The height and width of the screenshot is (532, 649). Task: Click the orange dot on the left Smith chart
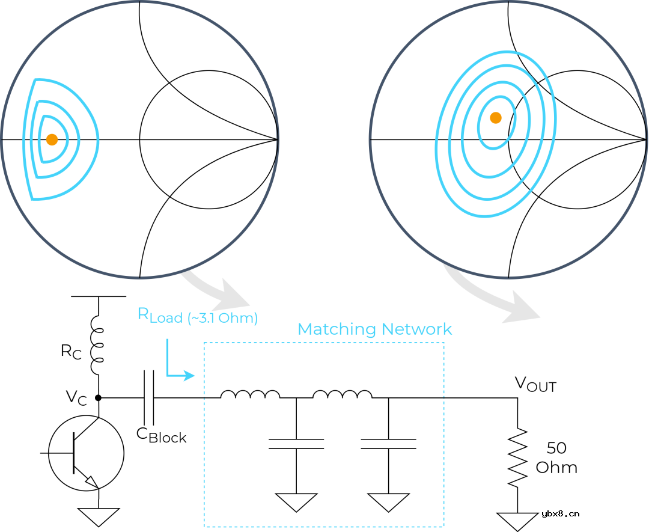click(52, 139)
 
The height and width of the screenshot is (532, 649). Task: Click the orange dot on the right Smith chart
click(496, 118)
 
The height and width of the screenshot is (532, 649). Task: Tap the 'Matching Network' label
click(374, 329)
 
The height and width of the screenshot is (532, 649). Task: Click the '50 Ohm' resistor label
click(556, 457)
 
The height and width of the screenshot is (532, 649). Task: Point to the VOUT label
click(535, 384)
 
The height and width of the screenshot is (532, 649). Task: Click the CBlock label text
click(162, 436)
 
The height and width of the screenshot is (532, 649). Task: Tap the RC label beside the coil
click(71, 352)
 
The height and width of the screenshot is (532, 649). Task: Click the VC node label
click(76, 398)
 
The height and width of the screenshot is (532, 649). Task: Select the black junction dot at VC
click(98, 398)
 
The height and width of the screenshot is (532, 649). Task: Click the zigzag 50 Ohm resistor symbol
click(517, 457)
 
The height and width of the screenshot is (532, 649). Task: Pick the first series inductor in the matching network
click(250, 394)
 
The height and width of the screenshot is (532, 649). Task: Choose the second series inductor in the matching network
click(343, 394)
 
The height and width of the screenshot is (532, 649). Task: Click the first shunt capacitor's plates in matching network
click(296, 444)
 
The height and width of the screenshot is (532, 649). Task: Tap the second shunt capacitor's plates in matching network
click(388, 444)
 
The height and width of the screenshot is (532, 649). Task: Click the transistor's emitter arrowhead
click(92, 482)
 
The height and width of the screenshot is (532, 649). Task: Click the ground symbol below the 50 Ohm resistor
click(517, 522)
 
